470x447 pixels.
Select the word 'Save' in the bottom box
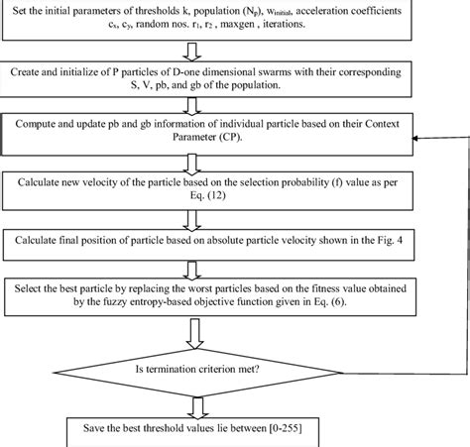pyautogui.click(x=80, y=429)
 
